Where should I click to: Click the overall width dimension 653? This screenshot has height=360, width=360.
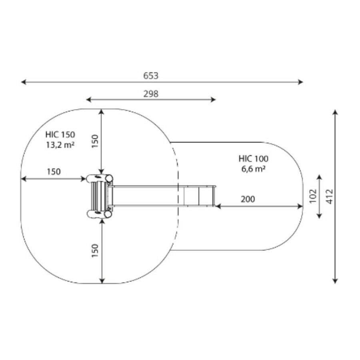(151, 76)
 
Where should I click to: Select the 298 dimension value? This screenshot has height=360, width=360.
(151, 94)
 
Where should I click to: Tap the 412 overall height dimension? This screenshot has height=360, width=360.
(329, 196)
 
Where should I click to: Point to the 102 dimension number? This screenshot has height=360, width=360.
(313, 196)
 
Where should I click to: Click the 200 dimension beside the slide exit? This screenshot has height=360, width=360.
(248, 199)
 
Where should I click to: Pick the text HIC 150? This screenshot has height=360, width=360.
(60, 134)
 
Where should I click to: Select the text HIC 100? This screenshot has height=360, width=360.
(253, 159)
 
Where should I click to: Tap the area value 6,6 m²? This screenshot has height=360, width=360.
(253, 169)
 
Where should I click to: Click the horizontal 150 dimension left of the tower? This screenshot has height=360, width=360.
(54, 172)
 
